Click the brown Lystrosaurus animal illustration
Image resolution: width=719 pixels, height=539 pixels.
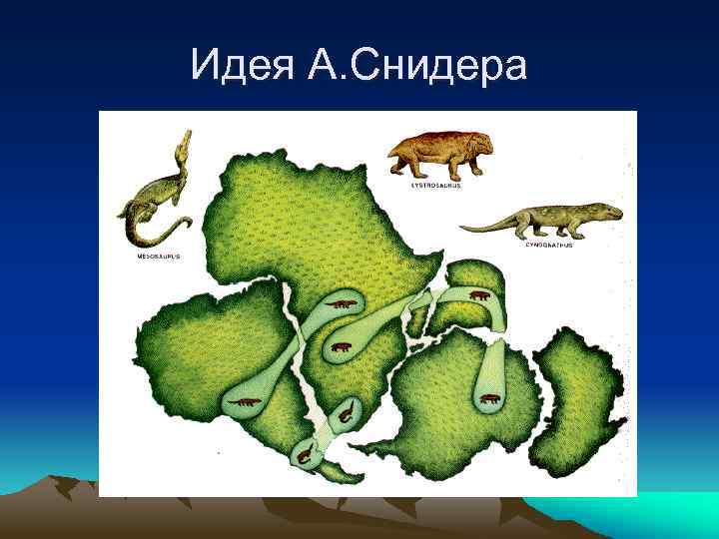point(439,155)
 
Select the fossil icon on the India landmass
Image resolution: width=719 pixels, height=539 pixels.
point(480,295)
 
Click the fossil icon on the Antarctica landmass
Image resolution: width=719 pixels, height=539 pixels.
point(490,399)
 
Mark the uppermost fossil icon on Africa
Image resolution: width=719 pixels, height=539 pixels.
point(342,303)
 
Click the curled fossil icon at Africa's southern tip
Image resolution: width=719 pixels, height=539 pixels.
point(346,411)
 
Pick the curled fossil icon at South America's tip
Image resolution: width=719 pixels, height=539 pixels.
point(303,454)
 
